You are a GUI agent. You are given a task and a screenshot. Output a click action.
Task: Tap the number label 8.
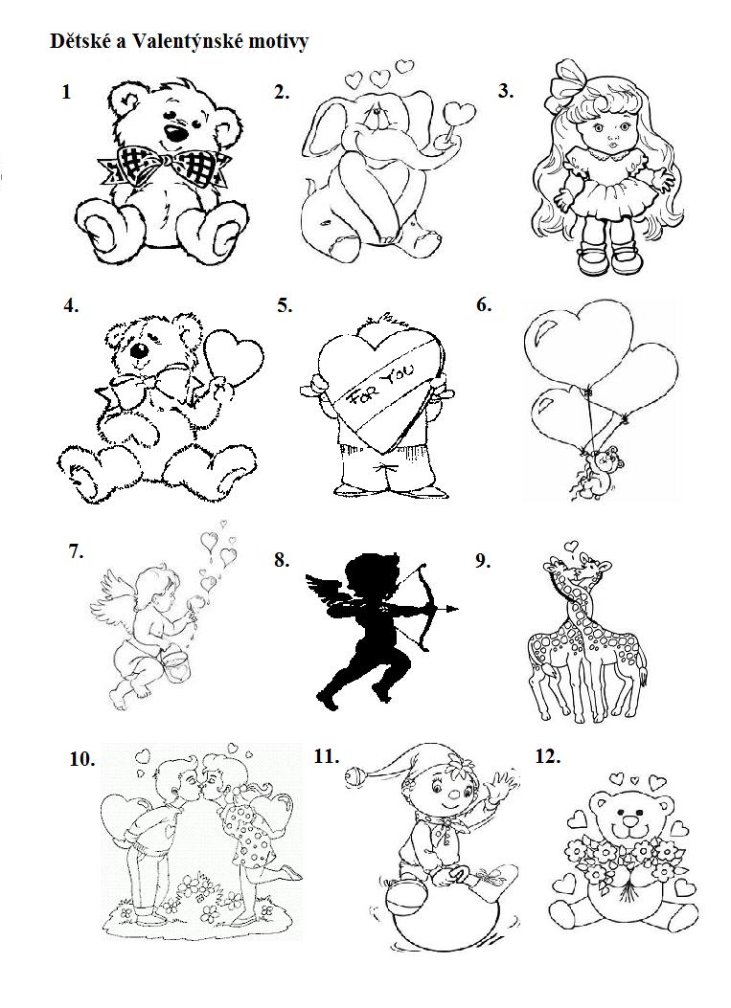(282, 560)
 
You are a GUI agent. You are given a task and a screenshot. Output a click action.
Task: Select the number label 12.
(548, 756)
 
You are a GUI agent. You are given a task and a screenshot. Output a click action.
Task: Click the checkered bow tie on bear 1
(164, 165)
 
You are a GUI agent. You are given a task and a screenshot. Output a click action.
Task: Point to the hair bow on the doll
(566, 80)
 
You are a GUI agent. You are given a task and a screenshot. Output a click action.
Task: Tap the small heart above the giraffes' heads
(570, 547)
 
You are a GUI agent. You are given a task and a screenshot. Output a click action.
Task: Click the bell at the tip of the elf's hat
(354, 774)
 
